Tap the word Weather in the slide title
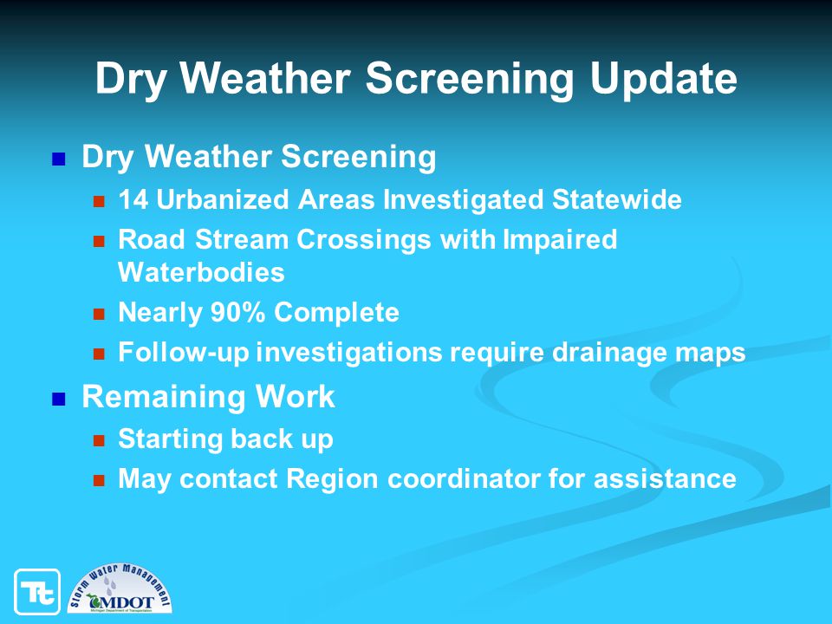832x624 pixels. [x=265, y=77]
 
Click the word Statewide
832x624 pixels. [x=616, y=200]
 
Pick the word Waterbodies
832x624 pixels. [x=201, y=272]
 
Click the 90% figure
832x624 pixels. [x=237, y=312]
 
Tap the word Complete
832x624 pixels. [x=336, y=313]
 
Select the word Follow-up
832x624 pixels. [x=184, y=353]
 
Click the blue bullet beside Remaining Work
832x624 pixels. [x=58, y=399]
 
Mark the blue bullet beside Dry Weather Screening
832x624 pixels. [x=58, y=159]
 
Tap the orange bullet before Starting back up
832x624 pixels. [x=99, y=440]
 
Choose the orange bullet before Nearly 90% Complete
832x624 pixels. [x=99, y=314]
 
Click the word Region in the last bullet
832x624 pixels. [x=333, y=479]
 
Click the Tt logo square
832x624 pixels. [x=37, y=592]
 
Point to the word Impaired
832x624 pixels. [x=560, y=240]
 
